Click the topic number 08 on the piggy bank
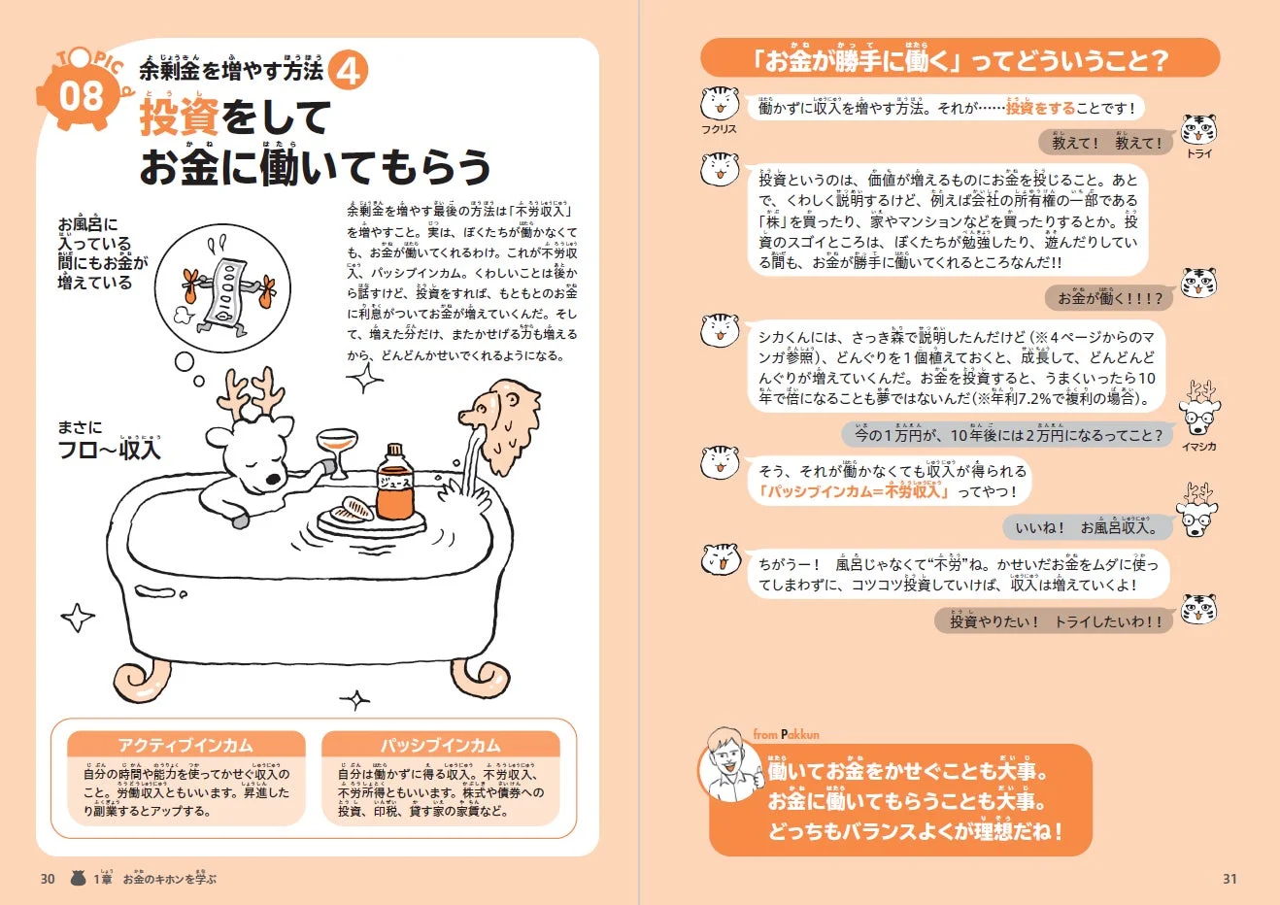81,97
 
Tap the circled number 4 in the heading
350,71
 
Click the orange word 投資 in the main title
180,118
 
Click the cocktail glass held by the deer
335,450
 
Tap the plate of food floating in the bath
351,514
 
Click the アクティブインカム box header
185,745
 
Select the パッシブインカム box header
440,745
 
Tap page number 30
48,879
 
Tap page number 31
1229,879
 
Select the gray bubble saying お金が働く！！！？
1109,298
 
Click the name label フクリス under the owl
719,129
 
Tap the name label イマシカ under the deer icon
1198,447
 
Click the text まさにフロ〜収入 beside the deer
109,440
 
